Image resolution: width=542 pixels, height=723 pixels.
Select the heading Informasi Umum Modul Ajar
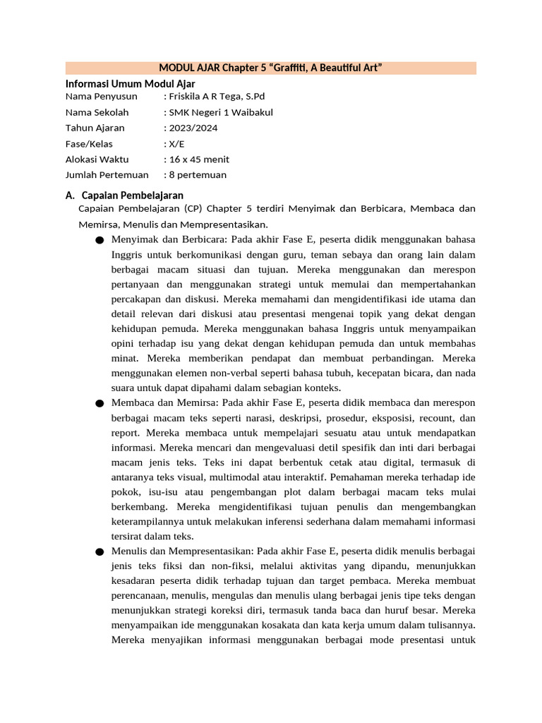[x=130, y=83]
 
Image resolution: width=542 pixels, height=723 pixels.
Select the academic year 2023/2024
[x=193, y=128]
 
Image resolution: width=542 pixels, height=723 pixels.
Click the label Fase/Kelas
[x=89, y=143]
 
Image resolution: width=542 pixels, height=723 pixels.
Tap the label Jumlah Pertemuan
[x=107, y=174]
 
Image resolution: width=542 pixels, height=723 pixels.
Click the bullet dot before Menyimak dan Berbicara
[x=98, y=241]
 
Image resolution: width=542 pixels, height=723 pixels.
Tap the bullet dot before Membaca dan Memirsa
[x=98, y=403]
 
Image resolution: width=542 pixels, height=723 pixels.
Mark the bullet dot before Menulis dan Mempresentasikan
[x=98, y=551]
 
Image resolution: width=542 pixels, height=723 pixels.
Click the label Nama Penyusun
[x=102, y=97]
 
